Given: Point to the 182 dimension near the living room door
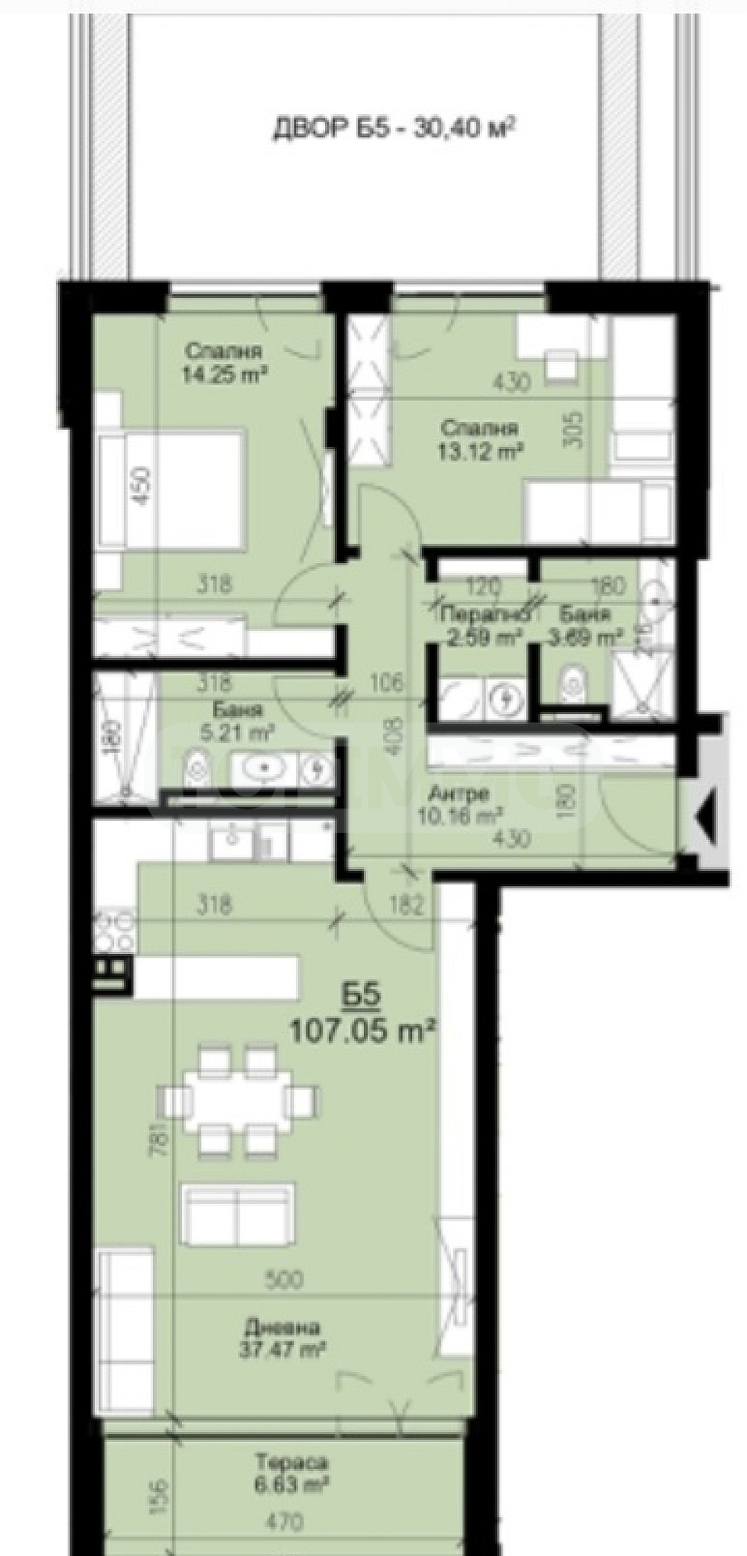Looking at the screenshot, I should (x=405, y=906).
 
